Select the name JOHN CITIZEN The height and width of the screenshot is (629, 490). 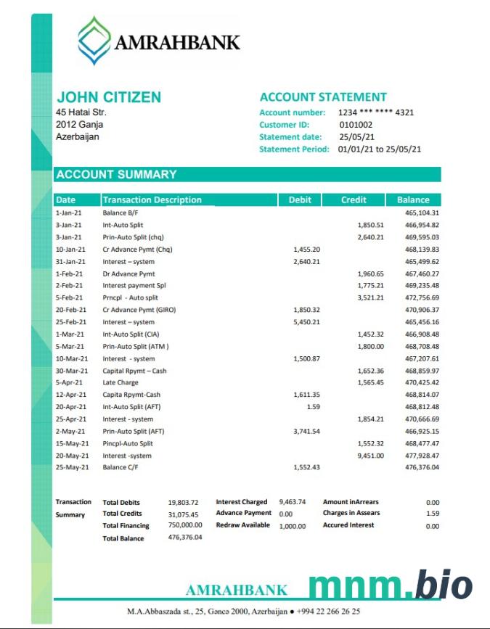point(109,97)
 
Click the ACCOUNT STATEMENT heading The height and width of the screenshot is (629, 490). point(323,97)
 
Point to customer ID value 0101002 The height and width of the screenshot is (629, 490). point(356,125)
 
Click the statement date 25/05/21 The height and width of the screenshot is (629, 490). point(356,137)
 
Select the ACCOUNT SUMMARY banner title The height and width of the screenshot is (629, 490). point(116,174)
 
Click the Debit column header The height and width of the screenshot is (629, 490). point(300,200)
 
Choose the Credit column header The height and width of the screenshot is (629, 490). point(354,200)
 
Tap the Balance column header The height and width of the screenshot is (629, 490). point(413,200)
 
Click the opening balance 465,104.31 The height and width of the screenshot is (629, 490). point(422,213)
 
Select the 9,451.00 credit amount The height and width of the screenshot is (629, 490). point(371,456)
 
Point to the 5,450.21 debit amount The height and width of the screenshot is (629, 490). point(306,322)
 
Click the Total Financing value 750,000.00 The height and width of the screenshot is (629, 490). point(185,525)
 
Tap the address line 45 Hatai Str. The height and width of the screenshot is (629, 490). point(81,112)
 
